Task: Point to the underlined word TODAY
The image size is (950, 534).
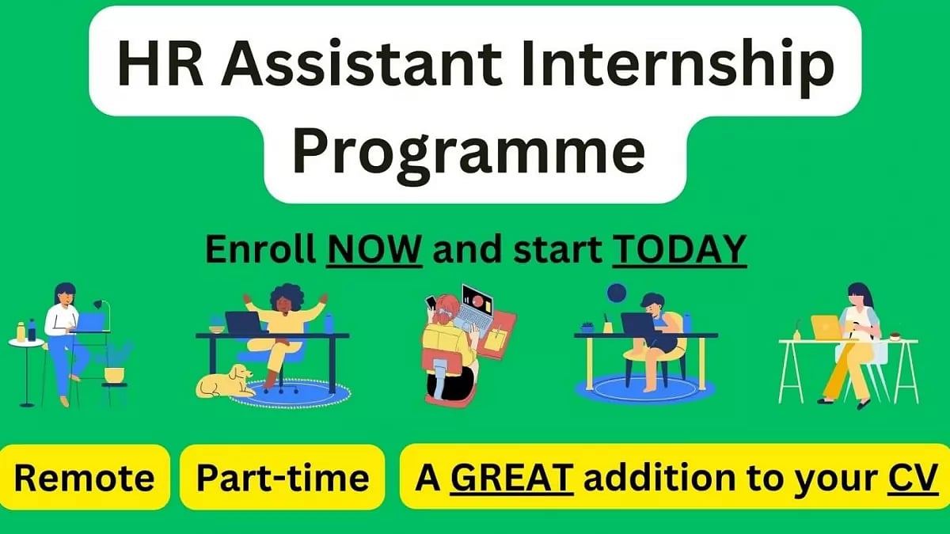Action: coord(680,250)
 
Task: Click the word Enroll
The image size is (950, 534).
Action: coord(262,250)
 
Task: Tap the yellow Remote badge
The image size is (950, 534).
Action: coord(85,477)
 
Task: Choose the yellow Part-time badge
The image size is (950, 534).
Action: coord(282,477)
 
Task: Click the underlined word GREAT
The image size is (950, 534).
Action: coord(511,477)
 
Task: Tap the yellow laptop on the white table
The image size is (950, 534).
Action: coord(826,327)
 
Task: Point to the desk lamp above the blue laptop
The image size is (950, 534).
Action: coord(100,305)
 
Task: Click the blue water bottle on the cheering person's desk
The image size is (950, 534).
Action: coord(329,323)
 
